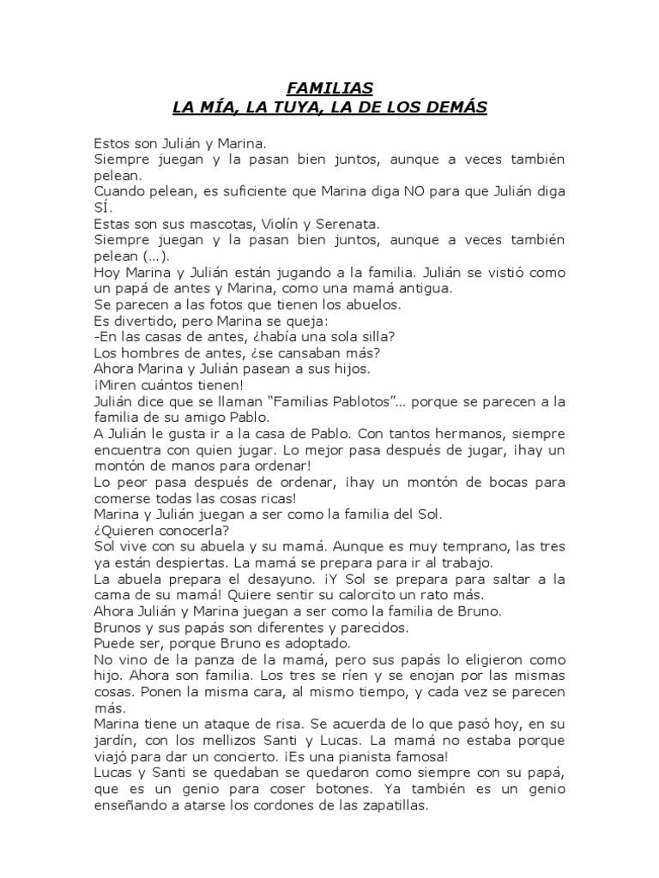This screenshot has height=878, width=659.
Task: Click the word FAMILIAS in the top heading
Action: point(329,87)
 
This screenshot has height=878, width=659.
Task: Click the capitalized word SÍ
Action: point(100,207)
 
